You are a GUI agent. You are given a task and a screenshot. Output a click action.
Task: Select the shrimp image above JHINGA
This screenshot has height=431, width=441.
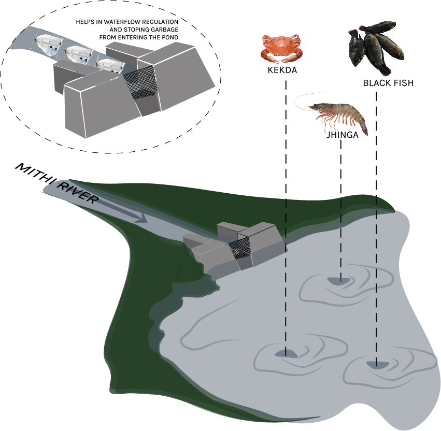[339, 115]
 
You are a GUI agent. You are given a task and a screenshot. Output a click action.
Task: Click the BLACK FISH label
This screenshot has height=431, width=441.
[388, 83]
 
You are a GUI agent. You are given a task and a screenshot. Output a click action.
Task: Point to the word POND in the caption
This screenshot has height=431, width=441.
[169, 37]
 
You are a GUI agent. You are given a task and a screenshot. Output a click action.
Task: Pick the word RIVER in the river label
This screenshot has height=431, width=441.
[75, 191]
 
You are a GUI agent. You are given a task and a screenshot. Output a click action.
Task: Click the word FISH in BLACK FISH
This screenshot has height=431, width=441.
[403, 83]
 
